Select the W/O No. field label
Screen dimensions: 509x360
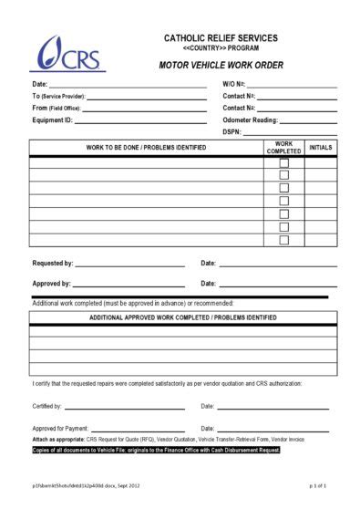pyautogui.click(x=233, y=84)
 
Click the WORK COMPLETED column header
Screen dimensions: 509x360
pyautogui.click(x=283, y=147)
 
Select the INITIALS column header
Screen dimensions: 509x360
pyautogui.click(x=321, y=146)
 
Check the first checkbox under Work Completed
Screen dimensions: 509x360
pyautogui.click(x=283, y=162)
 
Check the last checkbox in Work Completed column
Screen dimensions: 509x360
pyautogui.click(x=283, y=240)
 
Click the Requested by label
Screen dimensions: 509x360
pyautogui.click(x=52, y=263)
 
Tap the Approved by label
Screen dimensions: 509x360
pyautogui.click(x=51, y=284)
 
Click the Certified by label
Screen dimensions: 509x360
pyautogui.click(x=46, y=406)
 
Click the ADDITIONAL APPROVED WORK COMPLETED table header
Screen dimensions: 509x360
pyautogui.click(x=183, y=317)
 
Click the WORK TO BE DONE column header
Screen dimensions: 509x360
pyautogui.click(x=146, y=147)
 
